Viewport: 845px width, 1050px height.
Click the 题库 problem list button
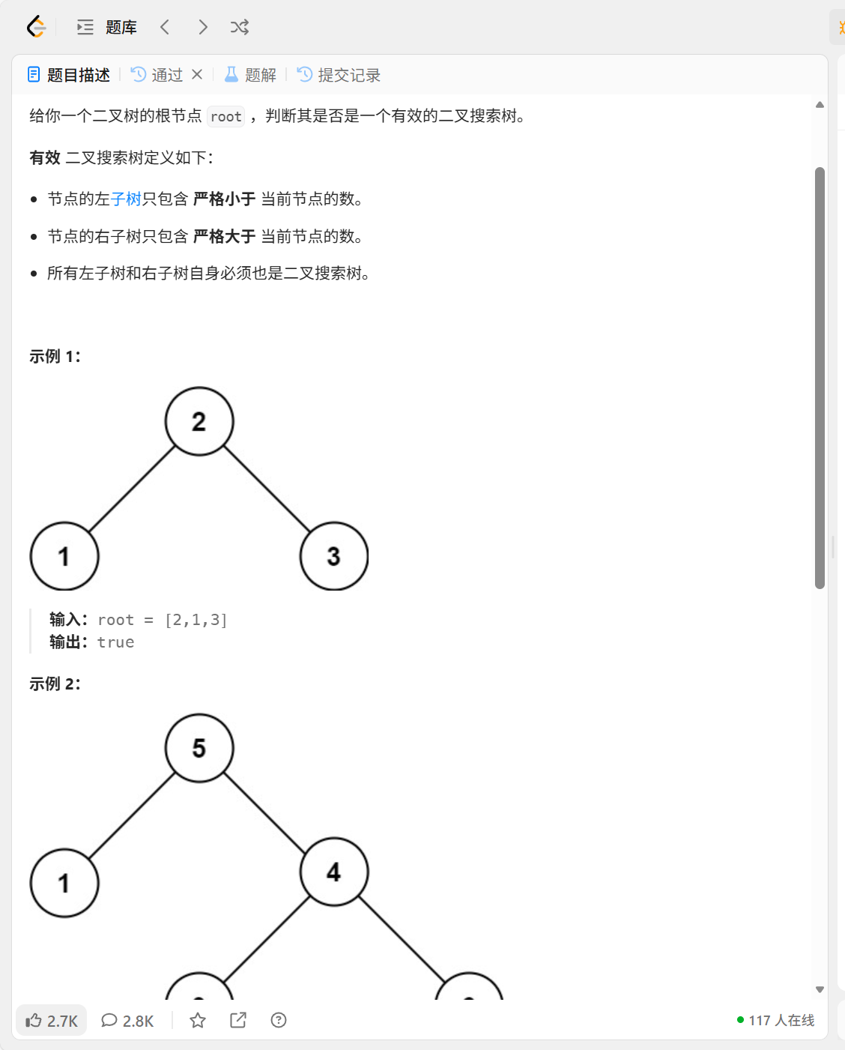[x=107, y=28]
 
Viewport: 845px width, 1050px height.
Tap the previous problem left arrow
[x=165, y=28]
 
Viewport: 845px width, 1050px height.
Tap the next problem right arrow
[x=202, y=28]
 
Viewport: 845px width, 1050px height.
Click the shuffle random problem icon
[x=240, y=28]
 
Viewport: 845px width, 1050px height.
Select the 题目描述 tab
[x=69, y=75]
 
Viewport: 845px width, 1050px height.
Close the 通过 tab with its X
[x=197, y=74]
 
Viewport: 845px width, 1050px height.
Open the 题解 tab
[x=251, y=75]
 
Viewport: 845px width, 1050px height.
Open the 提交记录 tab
[x=339, y=75]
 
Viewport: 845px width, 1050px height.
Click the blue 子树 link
[x=126, y=199]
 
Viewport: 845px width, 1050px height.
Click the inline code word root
[x=225, y=116]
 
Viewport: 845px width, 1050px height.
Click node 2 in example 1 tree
[x=199, y=421]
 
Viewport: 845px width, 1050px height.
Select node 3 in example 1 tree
[x=334, y=556]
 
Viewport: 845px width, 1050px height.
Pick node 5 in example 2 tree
[x=199, y=748]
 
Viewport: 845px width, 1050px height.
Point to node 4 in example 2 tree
[x=334, y=872]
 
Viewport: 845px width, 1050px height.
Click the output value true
[x=116, y=642]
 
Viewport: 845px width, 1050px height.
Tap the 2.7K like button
[x=52, y=1020]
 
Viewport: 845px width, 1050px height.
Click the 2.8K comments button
[x=128, y=1020]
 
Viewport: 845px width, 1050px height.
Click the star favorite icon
[x=198, y=1020]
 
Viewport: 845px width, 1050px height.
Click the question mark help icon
[x=279, y=1020]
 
